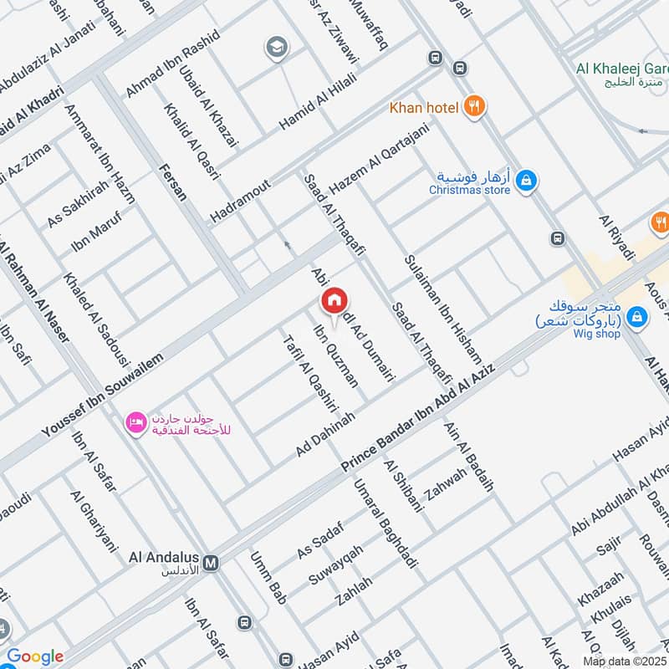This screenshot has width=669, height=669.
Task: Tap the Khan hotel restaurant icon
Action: tap(475, 106)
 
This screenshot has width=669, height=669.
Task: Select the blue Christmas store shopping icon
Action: tap(526, 181)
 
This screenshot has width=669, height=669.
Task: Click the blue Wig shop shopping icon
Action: tap(637, 317)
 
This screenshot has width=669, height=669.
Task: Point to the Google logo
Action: tap(34, 656)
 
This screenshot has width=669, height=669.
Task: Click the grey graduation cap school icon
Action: tap(276, 49)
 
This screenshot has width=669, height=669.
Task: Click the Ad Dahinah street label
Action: tap(325, 434)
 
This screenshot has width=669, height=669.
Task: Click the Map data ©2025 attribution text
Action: tap(624, 661)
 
